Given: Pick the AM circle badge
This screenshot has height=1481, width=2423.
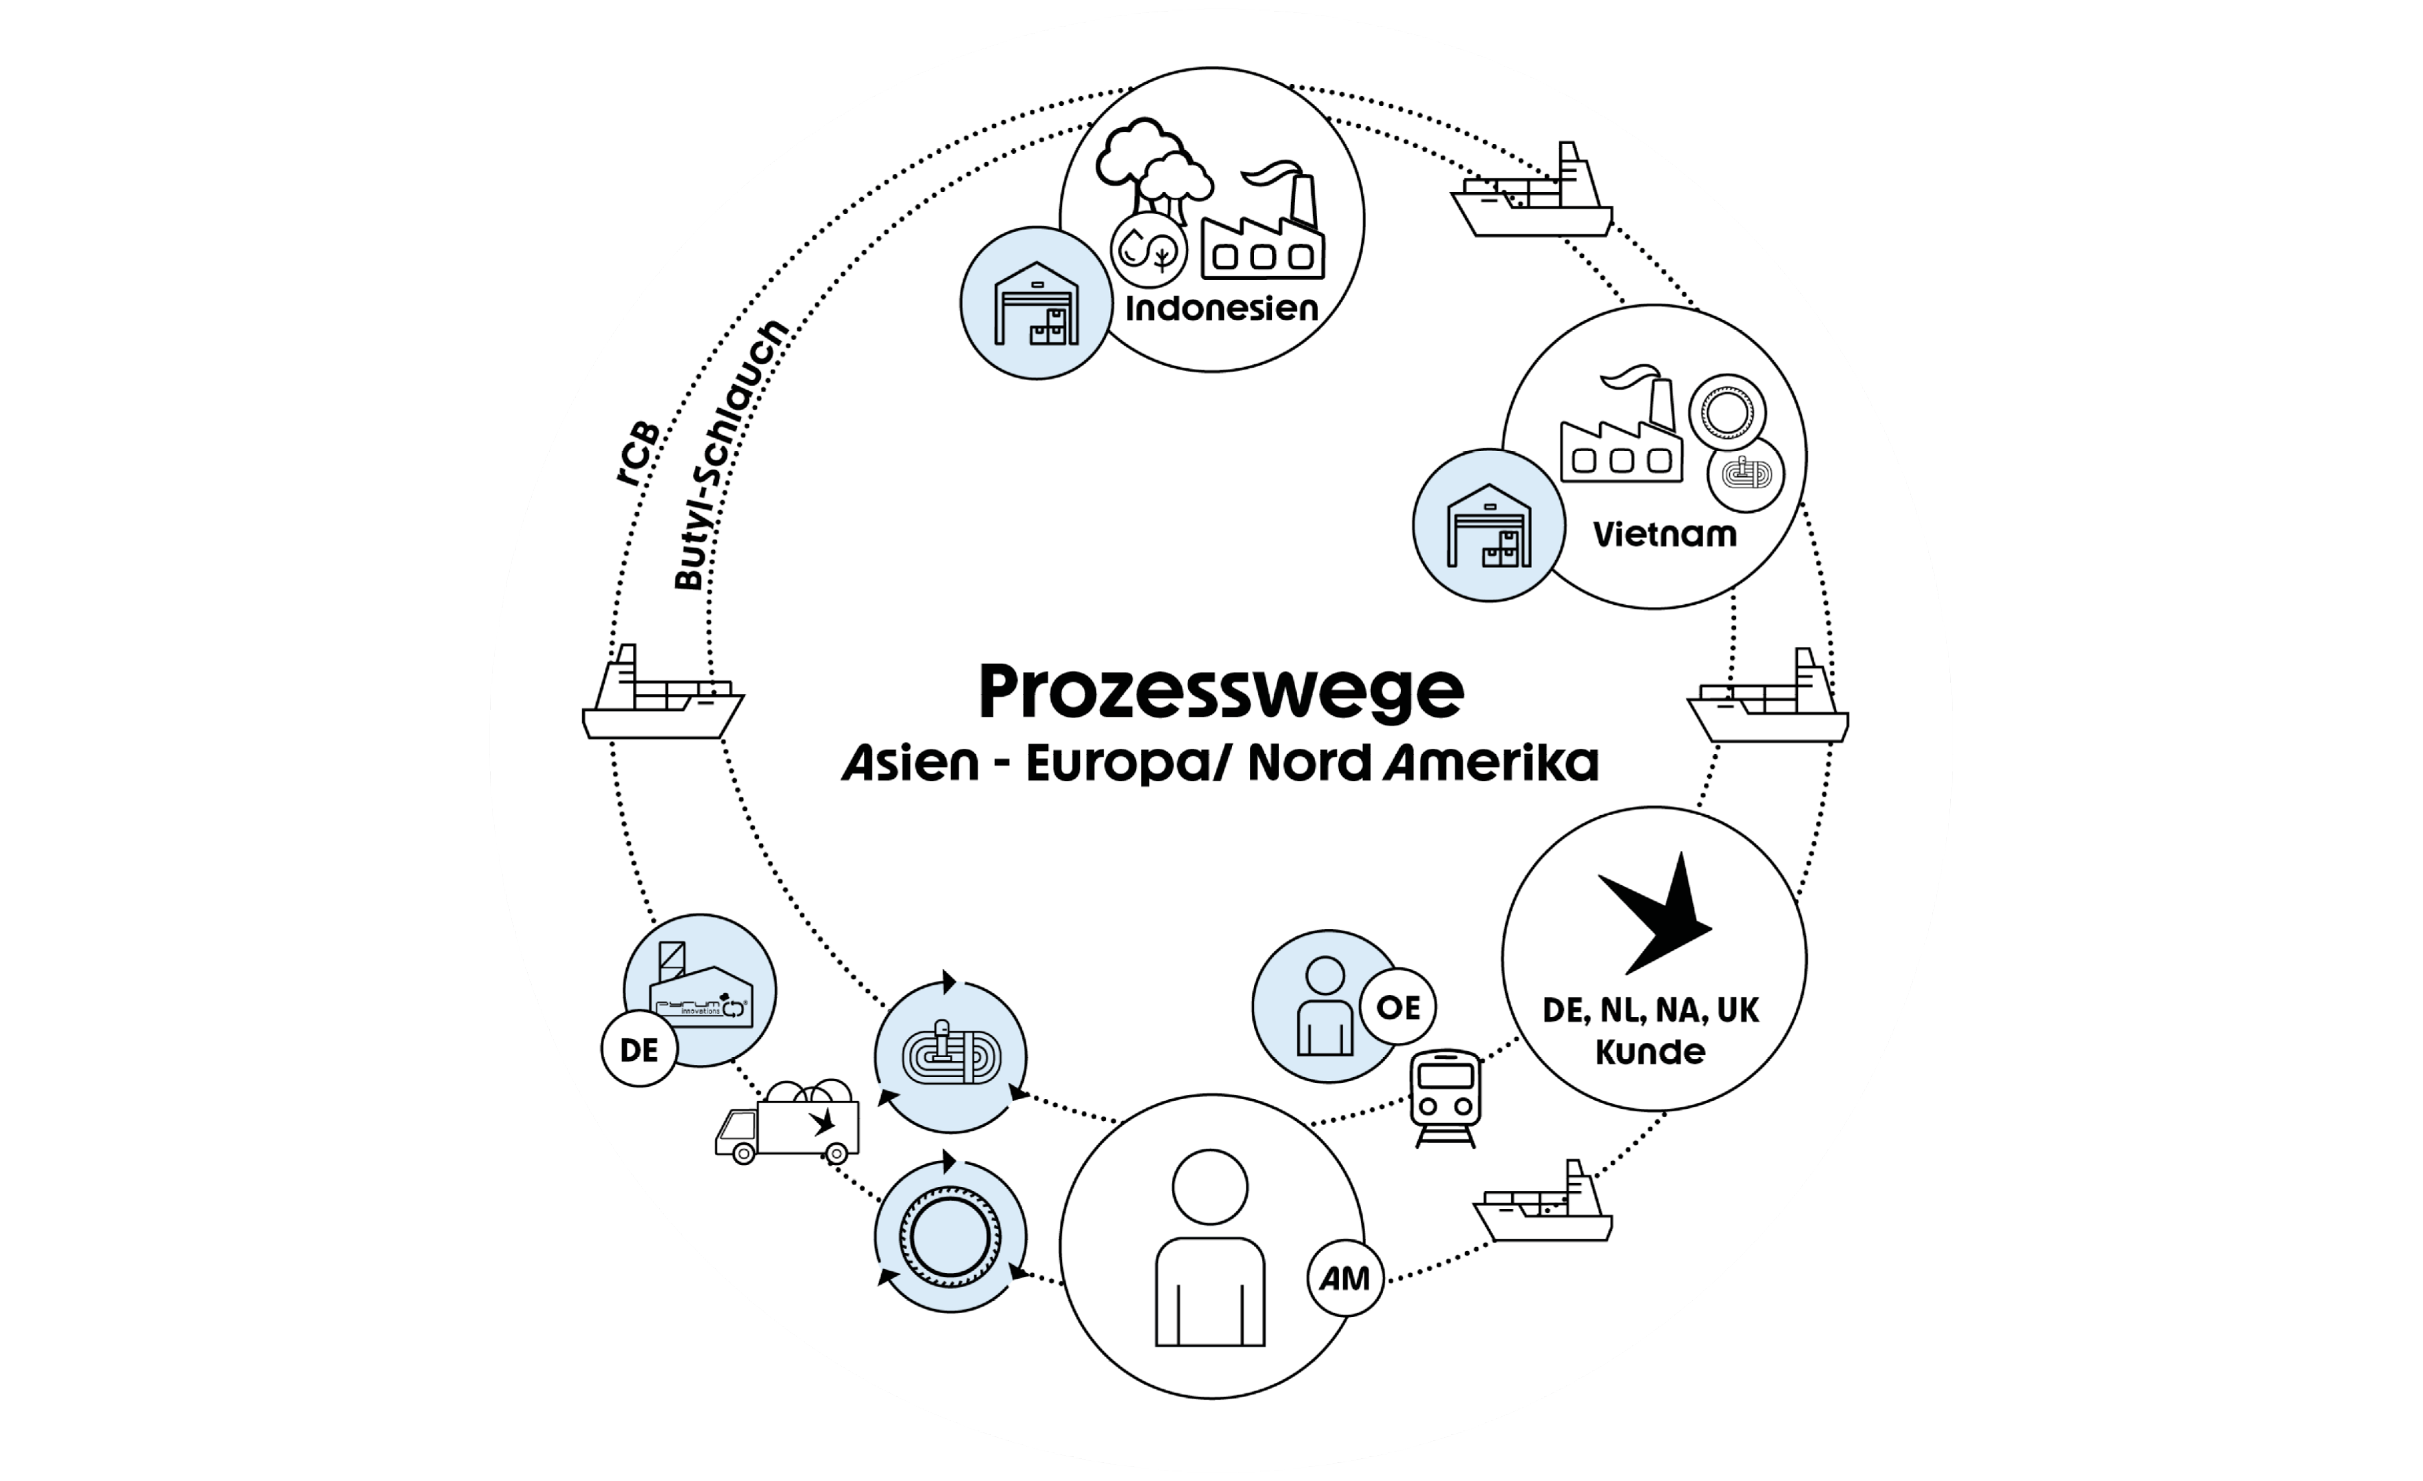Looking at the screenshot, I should [1344, 1279].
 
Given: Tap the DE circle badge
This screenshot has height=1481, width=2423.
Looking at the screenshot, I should [639, 1050].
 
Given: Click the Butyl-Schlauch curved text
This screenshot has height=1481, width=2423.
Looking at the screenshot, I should [729, 454].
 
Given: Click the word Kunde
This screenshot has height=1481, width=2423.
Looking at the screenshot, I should [1650, 1052].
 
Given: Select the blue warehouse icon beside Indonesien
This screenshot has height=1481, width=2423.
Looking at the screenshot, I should [1036, 303].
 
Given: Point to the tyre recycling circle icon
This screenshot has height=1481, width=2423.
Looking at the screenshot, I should [950, 1236].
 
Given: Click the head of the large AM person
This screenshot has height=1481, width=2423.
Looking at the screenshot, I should [1210, 1187].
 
